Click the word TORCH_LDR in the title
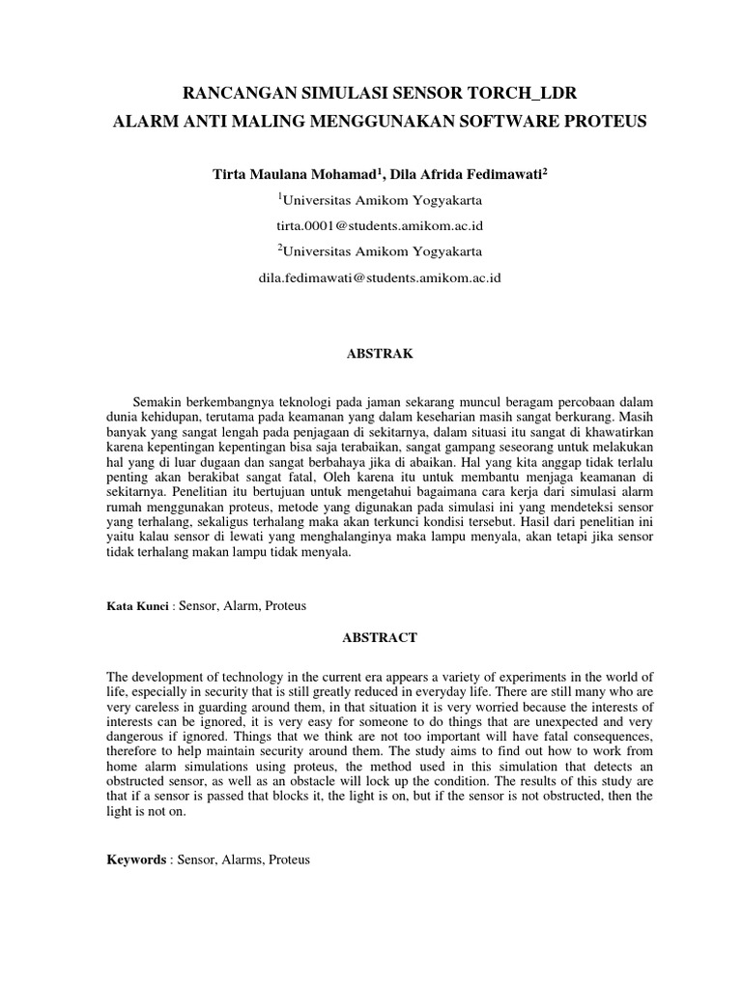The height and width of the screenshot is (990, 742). tap(520, 95)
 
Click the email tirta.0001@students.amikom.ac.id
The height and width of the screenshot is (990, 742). tap(380, 226)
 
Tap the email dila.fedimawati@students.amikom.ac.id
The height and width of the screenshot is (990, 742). tap(380, 277)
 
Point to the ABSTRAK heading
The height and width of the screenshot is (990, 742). tap(380, 355)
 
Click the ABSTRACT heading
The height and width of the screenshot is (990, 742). tap(380, 638)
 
